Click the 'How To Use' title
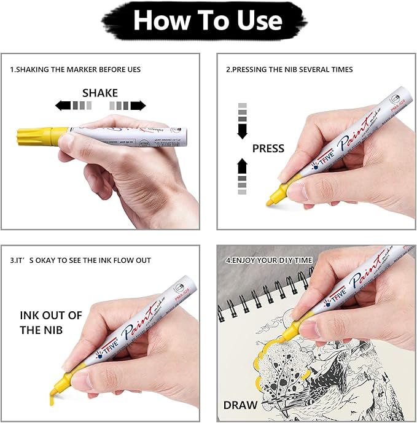click(x=208, y=21)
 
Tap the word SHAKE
click(x=100, y=93)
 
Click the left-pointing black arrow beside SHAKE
click(x=63, y=106)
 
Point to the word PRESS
click(x=268, y=148)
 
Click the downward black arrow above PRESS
click(x=242, y=130)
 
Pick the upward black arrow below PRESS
click(x=242, y=166)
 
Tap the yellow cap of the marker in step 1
click(x=37, y=134)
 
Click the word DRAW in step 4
click(x=240, y=405)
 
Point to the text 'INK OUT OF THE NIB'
click(x=50, y=322)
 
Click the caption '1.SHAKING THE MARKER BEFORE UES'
click(x=75, y=69)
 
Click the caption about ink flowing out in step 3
click(x=80, y=260)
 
